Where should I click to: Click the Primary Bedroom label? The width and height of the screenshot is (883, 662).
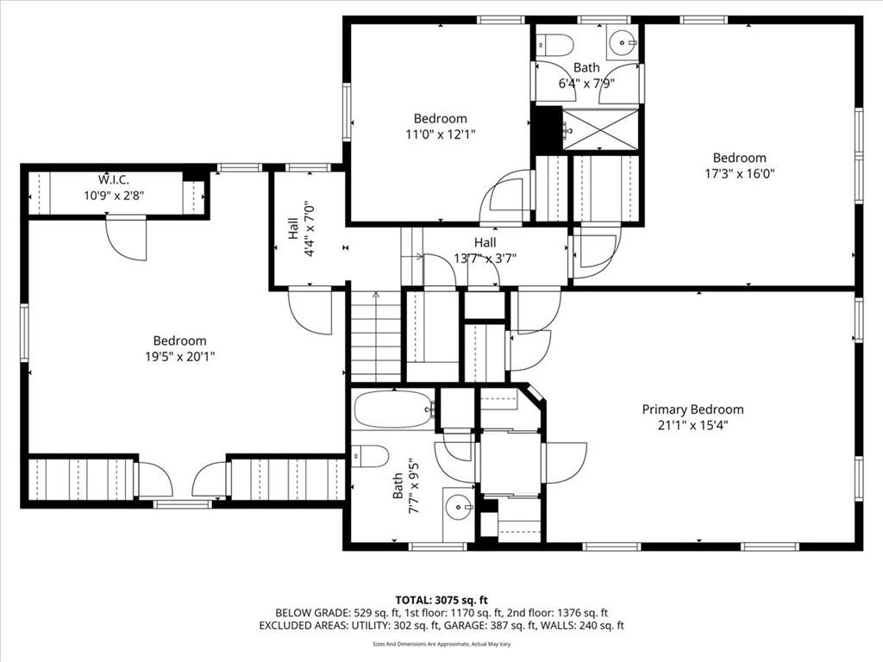click(692, 409)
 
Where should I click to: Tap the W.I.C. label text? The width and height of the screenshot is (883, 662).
click(114, 180)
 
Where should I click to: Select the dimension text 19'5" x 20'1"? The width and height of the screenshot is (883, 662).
click(180, 356)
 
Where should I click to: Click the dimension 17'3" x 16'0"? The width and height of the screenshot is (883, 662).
click(739, 173)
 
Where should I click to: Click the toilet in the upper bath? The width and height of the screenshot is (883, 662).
click(554, 43)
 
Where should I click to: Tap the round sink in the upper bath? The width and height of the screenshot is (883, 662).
click(623, 42)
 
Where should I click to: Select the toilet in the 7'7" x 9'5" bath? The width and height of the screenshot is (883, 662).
click(370, 456)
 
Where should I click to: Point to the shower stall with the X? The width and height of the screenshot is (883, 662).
click(601, 129)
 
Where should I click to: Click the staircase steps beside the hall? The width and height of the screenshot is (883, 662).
click(376, 336)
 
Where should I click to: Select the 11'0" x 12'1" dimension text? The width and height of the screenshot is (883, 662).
click(441, 134)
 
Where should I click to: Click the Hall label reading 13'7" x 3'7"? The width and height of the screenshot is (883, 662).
click(485, 251)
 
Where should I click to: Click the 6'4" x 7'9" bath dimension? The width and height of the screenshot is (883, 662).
click(586, 84)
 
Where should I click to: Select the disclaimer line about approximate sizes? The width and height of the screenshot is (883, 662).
click(441, 644)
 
